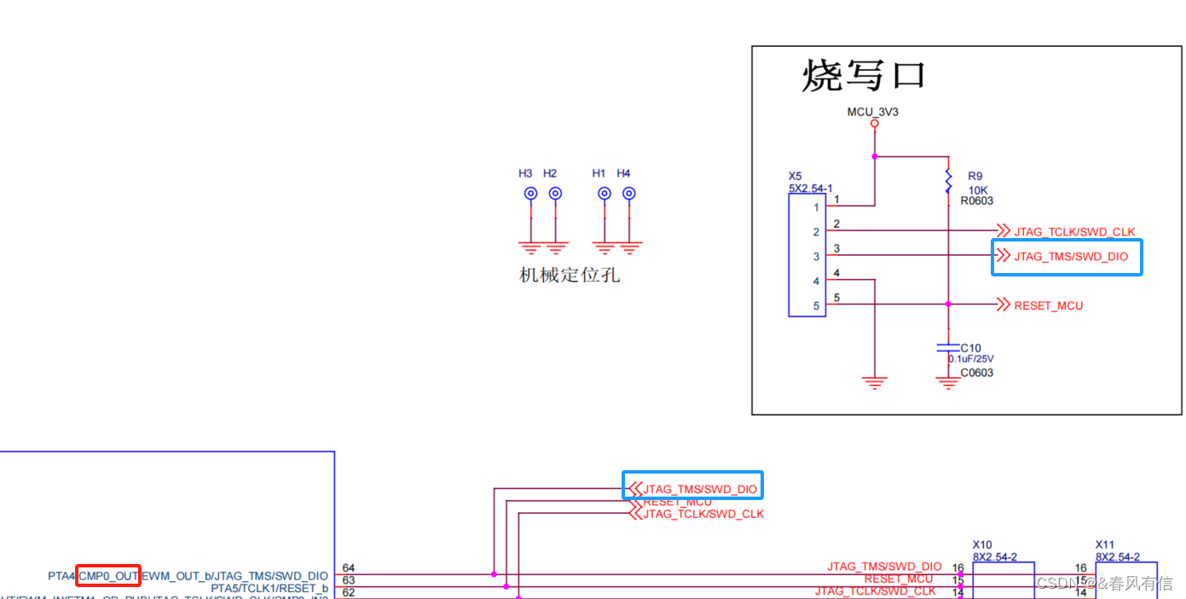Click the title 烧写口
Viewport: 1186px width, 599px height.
[863, 76]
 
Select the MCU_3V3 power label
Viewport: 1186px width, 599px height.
[874, 112]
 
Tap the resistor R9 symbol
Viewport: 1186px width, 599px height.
[948, 180]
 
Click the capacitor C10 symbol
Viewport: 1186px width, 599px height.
[948, 347]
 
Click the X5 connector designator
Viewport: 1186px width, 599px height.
[795, 177]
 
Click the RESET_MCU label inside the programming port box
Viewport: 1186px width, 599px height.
[1048, 305]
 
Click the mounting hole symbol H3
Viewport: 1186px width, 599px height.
[530, 194]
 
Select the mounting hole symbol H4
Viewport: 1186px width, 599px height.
[628, 194]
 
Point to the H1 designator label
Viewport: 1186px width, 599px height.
[599, 173]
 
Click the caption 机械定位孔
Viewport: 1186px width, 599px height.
[570, 276]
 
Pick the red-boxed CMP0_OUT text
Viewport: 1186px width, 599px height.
[108, 576]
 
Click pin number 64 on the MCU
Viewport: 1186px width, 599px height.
[348, 568]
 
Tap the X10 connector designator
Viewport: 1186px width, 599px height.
[982, 544]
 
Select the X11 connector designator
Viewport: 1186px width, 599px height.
[1105, 544]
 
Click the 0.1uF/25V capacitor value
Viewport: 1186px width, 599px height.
[971, 359]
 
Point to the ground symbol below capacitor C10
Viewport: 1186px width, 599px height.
[948, 384]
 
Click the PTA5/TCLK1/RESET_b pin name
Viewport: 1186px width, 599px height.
[269, 588]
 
